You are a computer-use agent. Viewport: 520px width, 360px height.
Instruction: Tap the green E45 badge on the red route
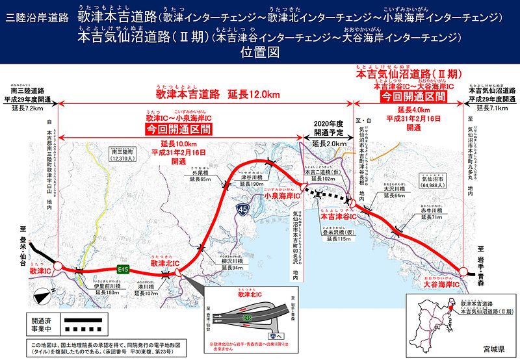[x=122, y=268]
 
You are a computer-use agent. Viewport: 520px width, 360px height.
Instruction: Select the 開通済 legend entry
[x=40, y=320]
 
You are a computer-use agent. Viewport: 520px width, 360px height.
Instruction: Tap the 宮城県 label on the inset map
[x=488, y=349]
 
